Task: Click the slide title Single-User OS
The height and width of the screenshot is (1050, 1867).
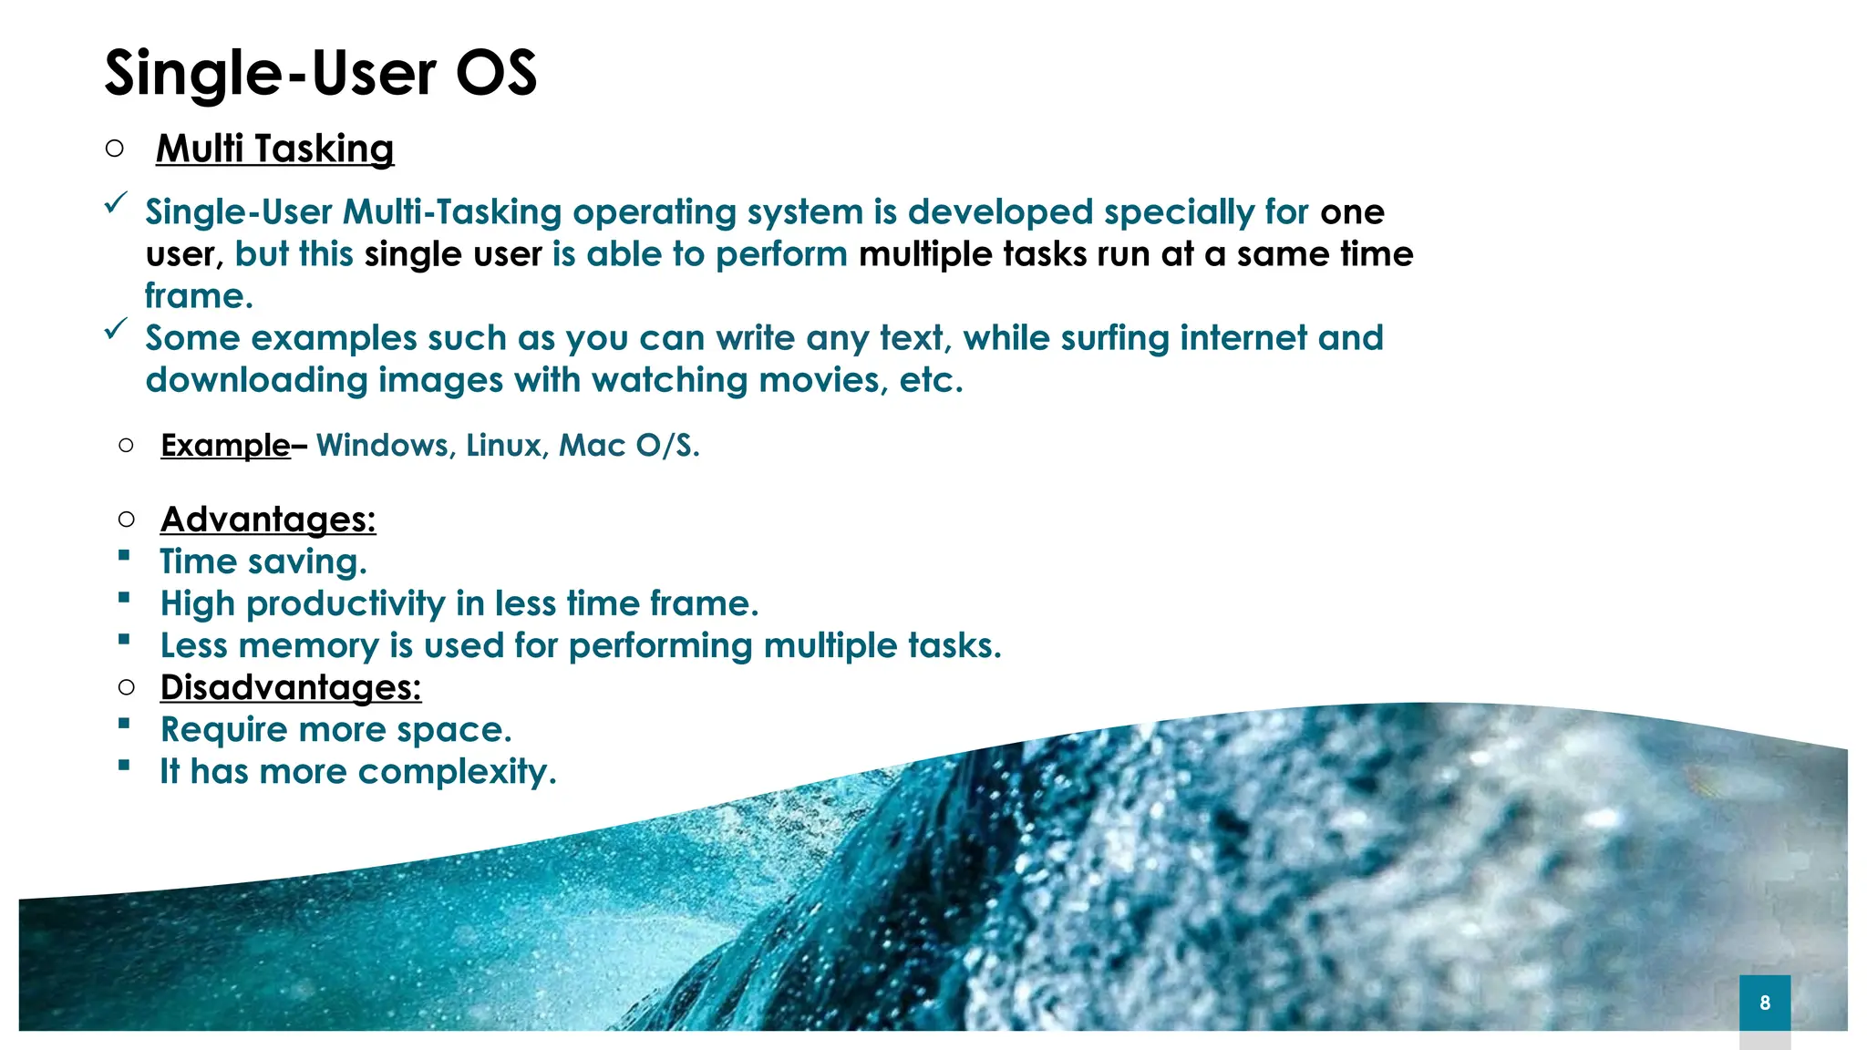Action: [x=321, y=73]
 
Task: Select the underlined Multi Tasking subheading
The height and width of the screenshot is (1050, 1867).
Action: [x=274, y=149]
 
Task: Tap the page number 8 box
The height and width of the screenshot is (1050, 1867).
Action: [x=1765, y=1003]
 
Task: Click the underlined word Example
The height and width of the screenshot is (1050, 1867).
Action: [x=225, y=446]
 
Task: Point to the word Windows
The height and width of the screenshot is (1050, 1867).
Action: [x=384, y=446]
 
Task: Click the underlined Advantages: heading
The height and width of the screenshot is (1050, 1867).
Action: [x=268, y=520]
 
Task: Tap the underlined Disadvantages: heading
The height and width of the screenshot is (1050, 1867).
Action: [x=291, y=687]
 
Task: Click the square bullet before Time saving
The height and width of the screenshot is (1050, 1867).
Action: [x=124, y=556]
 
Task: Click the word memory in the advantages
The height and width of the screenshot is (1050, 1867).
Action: [x=310, y=645]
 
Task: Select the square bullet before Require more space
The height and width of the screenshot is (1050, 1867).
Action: [x=124, y=725]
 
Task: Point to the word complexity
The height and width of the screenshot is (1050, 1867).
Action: [x=456, y=772]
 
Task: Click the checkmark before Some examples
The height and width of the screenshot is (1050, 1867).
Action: [x=116, y=329]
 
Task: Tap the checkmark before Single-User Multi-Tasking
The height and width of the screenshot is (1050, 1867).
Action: [x=116, y=203]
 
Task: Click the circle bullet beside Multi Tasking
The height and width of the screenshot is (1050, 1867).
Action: [x=114, y=148]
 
